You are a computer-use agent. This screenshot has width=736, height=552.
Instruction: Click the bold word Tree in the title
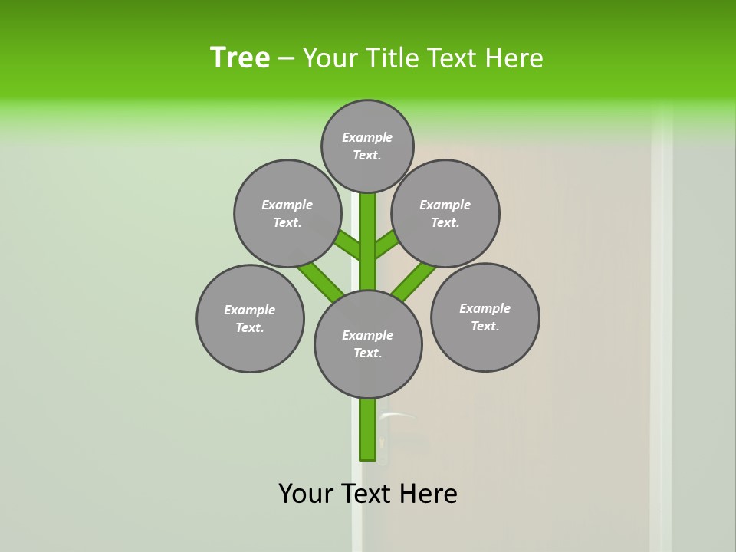tap(240, 58)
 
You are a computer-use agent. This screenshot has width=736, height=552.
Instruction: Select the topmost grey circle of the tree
tap(367, 146)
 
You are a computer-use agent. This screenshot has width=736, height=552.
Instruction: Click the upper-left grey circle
tap(287, 213)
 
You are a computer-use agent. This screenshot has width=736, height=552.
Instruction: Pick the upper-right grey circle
tap(445, 213)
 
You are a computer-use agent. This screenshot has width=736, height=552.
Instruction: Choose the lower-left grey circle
tap(250, 318)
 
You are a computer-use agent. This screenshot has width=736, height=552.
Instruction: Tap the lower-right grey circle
tap(485, 317)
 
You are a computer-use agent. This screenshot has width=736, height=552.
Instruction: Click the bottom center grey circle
tap(368, 343)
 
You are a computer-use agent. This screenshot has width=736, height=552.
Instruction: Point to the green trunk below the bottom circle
tap(368, 429)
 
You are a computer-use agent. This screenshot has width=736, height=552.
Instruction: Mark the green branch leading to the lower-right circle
tap(413, 281)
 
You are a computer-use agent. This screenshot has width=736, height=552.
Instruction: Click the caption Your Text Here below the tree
tap(368, 494)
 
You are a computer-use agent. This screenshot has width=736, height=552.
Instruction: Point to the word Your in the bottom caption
tap(306, 494)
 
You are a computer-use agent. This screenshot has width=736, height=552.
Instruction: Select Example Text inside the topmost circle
tap(367, 146)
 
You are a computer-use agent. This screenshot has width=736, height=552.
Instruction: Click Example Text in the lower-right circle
tap(485, 317)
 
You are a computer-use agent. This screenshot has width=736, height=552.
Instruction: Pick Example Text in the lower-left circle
tap(250, 318)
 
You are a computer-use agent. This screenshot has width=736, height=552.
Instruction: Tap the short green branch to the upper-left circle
tap(347, 245)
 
